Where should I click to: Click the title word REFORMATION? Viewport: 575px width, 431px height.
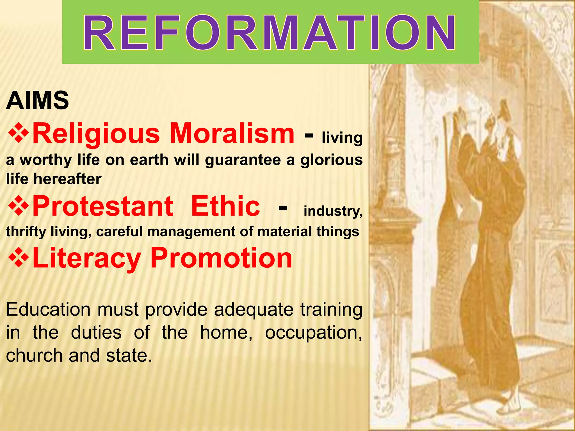point(270,33)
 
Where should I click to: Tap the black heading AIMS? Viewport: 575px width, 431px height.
point(37,101)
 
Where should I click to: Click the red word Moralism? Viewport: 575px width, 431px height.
point(232,133)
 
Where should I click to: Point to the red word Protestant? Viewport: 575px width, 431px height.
point(103,206)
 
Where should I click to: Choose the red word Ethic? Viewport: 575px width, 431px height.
point(225,206)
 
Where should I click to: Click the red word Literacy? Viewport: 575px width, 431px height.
point(86,258)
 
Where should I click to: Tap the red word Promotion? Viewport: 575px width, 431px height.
point(221,258)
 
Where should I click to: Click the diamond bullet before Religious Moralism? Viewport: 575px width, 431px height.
point(18,133)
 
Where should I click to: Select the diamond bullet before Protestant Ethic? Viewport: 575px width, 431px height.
point(18,206)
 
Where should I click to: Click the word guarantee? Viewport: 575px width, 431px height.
point(243,161)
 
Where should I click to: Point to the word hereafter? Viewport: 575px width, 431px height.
point(67,179)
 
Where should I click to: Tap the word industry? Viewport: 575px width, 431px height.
point(333,211)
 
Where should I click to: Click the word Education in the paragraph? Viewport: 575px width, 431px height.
point(48,310)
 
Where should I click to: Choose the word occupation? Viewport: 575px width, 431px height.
point(313,333)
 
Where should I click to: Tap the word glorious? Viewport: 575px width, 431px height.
point(331,161)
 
